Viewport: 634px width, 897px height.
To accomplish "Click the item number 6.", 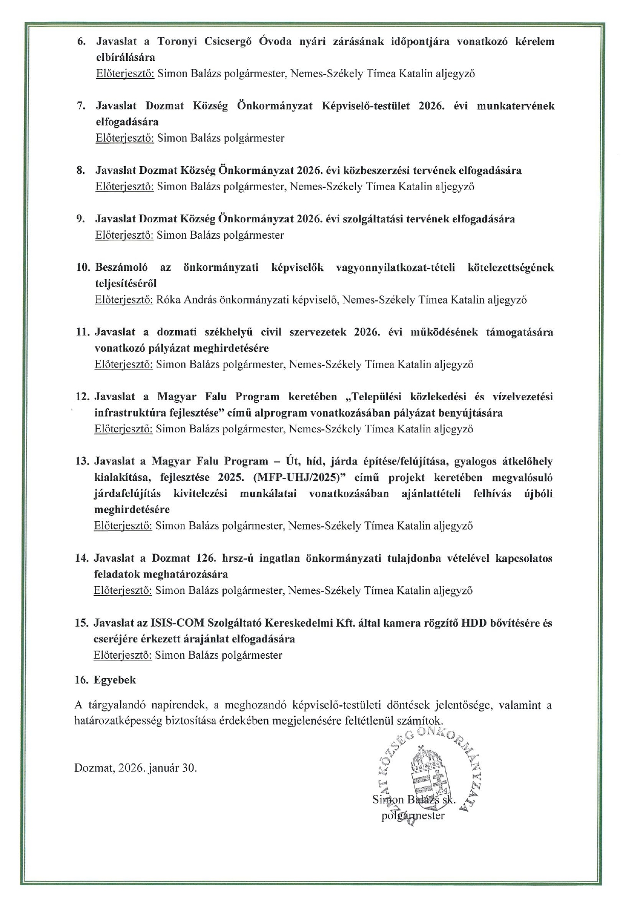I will coord(80,42).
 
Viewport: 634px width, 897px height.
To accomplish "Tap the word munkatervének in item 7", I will coord(515,106).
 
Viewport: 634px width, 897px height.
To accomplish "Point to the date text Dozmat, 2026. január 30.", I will coord(135,768).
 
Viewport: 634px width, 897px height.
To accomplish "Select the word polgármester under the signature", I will coord(413,816).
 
